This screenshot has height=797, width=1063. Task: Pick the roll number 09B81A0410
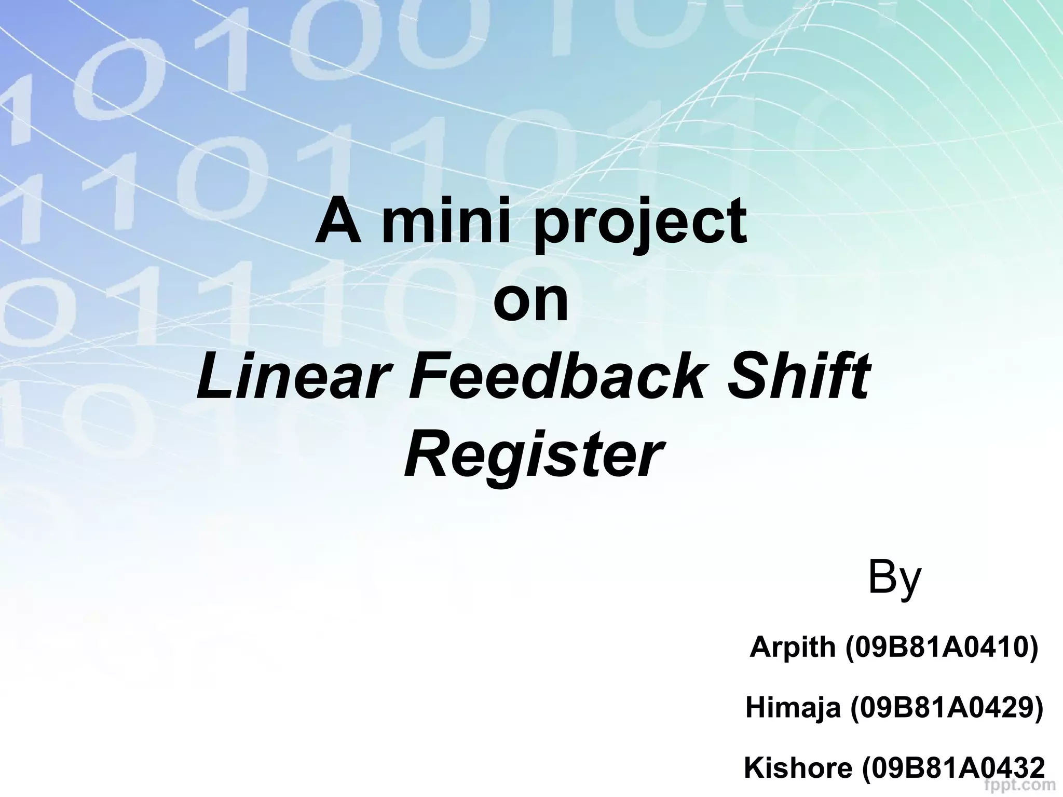941,647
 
